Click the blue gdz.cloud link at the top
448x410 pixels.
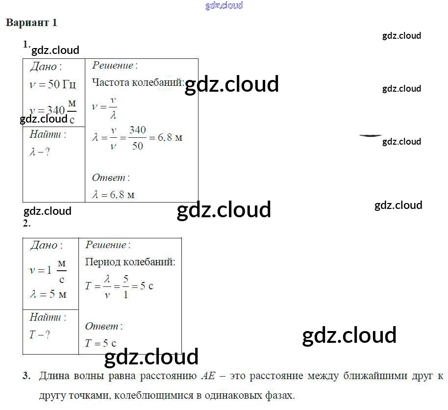coord(224,5)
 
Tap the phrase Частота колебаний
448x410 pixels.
coord(138,82)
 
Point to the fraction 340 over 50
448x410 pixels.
coord(138,138)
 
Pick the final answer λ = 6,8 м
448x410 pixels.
coord(113,195)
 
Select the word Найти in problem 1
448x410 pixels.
coord(47,134)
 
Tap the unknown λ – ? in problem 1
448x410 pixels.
coord(40,152)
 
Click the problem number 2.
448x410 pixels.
coord(26,224)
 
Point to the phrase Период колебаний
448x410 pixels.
coord(130,262)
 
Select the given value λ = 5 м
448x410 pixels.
coord(48,294)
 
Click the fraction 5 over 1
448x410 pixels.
coord(125,286)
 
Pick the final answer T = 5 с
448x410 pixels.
coord(100,343)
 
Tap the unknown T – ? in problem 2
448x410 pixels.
coord(40,335)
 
